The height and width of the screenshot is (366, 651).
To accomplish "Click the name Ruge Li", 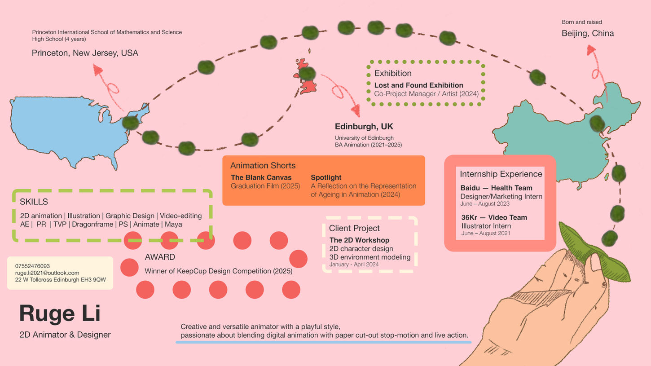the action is (x=60, y=313).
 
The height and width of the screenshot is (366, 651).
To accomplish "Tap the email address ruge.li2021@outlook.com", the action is (x=47, y=273).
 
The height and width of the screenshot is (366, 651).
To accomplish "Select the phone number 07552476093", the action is (x=32, y=266).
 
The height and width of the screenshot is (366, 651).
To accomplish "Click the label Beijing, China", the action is (x=588, y=33).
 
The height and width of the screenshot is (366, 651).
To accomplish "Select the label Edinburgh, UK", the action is (x=364, y=127).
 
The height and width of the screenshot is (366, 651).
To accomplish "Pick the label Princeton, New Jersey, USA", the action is (x=85, y=53).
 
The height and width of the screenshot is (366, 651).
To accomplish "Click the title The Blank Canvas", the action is (x=261, y=177).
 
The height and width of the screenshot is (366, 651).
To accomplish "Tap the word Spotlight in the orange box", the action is (x=326, y=177).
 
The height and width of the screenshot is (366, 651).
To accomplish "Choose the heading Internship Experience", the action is (x=501, y=174).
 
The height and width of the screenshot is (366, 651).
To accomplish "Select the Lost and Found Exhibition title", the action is (x=419, y=85).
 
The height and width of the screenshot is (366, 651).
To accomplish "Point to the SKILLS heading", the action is (x=34, y=202).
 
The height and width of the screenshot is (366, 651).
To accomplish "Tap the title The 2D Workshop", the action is (x=359, y=240).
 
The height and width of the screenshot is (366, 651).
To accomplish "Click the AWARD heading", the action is (x=160, y=257).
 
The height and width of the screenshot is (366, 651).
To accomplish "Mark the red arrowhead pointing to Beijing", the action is (x=591, y=49).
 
